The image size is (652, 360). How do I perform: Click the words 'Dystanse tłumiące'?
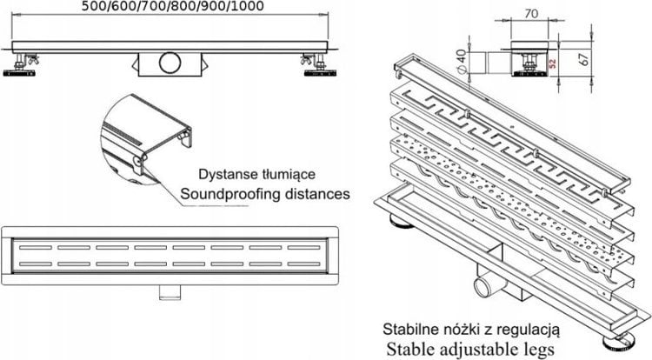click(x=251, y=173)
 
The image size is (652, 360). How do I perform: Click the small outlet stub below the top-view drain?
click(x=169, y=289)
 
